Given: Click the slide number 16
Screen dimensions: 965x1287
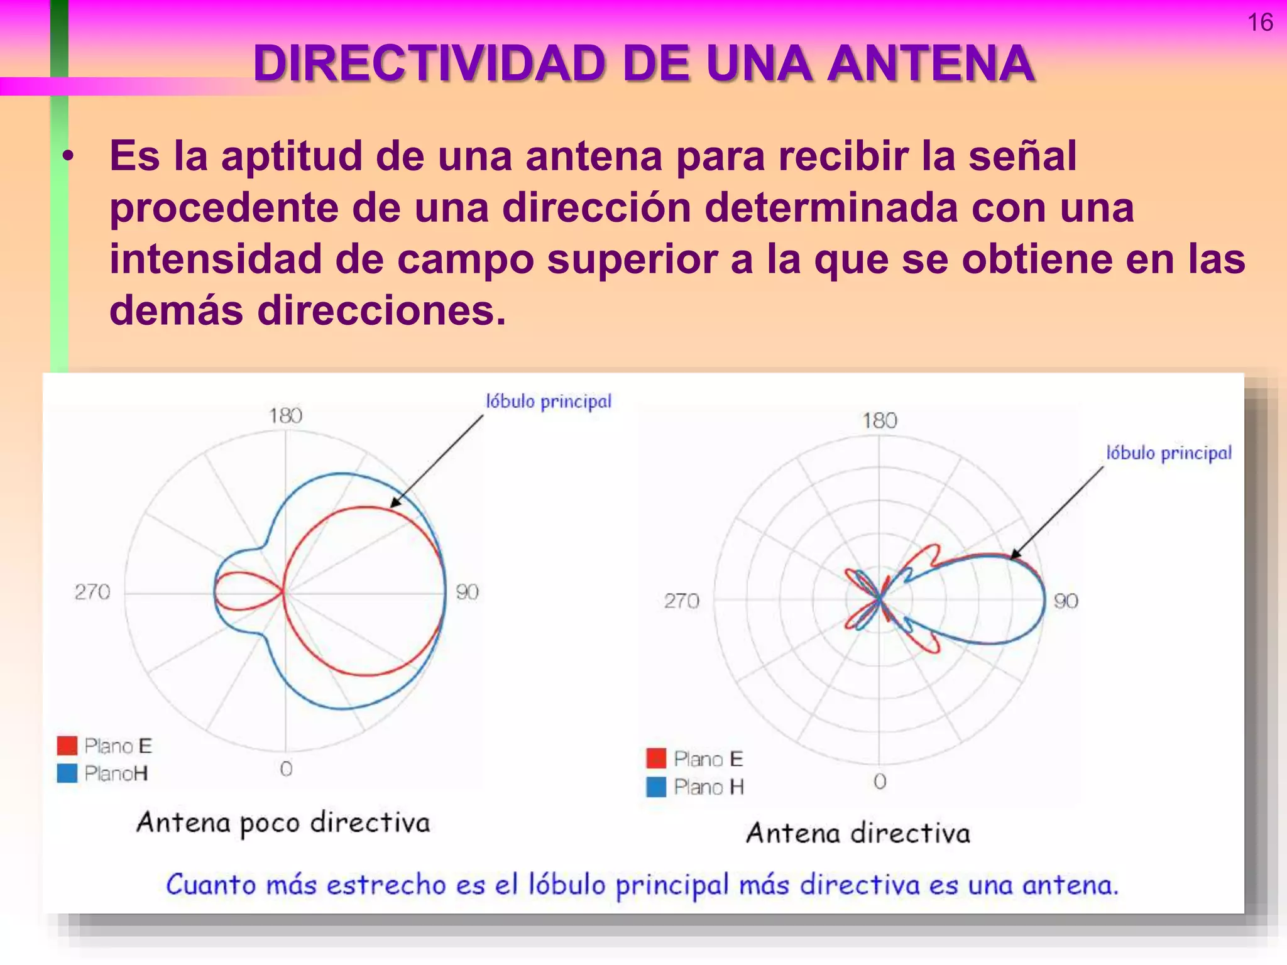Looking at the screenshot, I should (x=1259, y=23).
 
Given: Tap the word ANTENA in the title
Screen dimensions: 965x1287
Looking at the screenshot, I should (x=930, y=63).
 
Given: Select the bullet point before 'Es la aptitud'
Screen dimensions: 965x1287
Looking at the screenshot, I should (x=68, y=156).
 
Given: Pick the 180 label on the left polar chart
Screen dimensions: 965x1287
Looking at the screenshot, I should (x=286, y=415).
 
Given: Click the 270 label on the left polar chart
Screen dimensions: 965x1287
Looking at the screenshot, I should (x=92, y=592).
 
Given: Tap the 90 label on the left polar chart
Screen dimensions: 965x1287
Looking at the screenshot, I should (x=467, y=592).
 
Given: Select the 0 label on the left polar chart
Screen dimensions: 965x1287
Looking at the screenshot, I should (x=286, y=768).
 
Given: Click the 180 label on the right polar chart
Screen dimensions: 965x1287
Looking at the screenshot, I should (x=879, y=420).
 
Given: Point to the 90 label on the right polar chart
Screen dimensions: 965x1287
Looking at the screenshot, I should (x=1066, y=601).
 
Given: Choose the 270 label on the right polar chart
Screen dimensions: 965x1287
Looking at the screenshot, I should (x=681, y=601).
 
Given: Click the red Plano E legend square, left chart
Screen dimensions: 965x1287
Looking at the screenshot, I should (x=67, y=746).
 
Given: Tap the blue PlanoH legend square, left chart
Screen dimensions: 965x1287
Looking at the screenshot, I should (x=67, y=773).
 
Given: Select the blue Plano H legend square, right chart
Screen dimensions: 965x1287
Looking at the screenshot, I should (x=656, y=787).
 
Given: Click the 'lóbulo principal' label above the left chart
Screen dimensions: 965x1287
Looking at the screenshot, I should (x=549, y=401).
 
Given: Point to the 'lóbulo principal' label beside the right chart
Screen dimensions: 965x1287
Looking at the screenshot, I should (x=1169, y=453).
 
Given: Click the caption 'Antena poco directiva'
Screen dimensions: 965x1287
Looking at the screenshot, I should (x=283, y=823).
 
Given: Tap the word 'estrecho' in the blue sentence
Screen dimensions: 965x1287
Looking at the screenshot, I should (x=386, y=885).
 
